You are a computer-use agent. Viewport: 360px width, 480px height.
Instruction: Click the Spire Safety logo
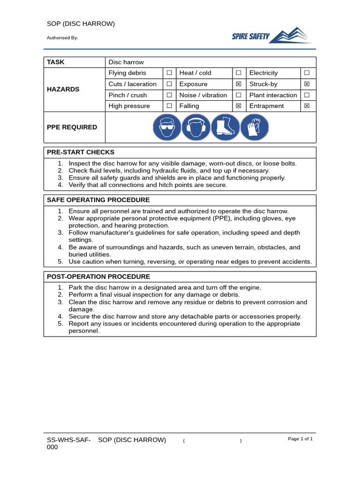(271, 36)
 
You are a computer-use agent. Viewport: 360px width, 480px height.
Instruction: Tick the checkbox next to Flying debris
(169, 73)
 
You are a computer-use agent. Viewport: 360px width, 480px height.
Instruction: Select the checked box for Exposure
(239, 84)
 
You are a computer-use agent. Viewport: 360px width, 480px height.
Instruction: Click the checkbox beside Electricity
(307, 73)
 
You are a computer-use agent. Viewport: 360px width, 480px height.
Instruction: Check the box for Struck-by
(307, 84)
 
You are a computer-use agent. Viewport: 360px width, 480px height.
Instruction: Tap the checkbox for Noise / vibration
(239, 95)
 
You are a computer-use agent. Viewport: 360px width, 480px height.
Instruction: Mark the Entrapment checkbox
(307, 106)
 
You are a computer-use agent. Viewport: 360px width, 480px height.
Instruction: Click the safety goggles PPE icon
(166, 127)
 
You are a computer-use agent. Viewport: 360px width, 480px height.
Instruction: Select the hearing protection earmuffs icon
(196, 127)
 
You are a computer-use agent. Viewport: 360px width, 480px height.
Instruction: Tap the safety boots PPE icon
(225, 127)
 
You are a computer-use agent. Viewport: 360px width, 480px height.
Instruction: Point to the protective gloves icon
(255, 127)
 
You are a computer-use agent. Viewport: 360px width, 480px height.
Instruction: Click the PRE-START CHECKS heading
(81, 152)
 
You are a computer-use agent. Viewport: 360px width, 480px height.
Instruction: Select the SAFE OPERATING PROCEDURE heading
(98, 200)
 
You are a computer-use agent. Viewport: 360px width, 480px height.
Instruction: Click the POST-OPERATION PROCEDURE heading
(98, 277)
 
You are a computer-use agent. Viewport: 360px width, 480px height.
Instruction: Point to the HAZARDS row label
(63, 90)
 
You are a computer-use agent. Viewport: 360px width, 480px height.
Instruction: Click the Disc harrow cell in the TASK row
(126, 62)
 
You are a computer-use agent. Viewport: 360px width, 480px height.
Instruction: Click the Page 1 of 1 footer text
(300, 439)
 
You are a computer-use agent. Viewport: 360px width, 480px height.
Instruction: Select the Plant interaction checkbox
(307, 95)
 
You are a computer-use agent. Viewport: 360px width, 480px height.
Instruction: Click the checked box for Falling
(239, 106)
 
